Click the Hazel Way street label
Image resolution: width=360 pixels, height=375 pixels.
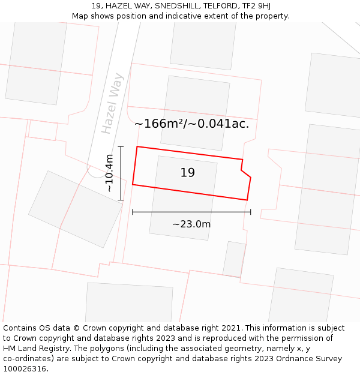[x=112, y=103]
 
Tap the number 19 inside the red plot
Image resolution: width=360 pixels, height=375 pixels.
[x=187, y=173]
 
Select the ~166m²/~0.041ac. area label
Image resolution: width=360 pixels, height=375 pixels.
[x=191, y=124]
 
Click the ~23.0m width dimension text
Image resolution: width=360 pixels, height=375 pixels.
[x=191, y=224]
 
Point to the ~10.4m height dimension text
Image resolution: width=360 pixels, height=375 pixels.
[x=109, y=173]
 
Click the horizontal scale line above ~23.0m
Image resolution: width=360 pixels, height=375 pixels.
[x=191, y=212]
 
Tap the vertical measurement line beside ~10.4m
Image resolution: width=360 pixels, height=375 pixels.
[x=121, y=173]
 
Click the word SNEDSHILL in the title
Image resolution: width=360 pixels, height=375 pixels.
[x=176, y=5]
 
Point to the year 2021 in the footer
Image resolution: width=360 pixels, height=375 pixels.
[x=231, y=328]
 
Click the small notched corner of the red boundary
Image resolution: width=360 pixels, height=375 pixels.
[x=244, y=167]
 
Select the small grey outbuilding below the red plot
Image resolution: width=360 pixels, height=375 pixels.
[x=235, y=259]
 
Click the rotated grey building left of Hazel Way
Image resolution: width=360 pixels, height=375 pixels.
[x=76, y=209]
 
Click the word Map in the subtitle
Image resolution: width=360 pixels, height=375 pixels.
[x=80, y=16]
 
